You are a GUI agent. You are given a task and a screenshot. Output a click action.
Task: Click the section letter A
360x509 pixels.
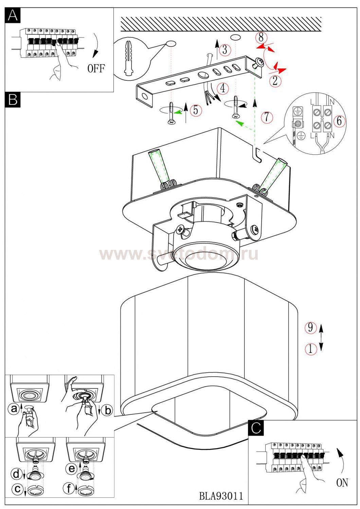point(13,15)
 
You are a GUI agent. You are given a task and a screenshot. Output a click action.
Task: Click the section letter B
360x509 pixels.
point(13,100)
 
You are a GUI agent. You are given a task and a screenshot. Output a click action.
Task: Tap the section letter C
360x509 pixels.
point(256,428)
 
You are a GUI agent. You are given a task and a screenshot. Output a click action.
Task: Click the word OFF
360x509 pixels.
point(96,69)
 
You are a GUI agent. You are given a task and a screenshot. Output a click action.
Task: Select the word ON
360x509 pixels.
point(342,482)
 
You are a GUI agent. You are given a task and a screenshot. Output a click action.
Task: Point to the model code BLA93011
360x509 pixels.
point(221,496)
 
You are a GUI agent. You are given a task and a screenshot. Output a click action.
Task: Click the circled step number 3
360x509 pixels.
point(224,50)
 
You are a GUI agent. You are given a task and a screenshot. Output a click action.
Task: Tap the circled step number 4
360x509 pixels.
point(222,88)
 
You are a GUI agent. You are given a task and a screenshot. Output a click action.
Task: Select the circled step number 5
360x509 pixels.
point(195,110)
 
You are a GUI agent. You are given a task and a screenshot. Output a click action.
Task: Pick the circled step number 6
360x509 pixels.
point(339,121)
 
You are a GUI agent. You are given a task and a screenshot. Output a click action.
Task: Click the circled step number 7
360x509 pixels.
point(267,117)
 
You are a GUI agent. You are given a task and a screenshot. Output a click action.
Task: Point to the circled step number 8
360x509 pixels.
point(261,37)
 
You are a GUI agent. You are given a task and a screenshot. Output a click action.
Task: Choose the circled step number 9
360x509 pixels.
point(310,327)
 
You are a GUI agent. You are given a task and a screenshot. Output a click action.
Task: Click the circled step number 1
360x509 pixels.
point(310,348)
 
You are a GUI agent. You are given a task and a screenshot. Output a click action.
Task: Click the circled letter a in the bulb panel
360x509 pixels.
point(14,409)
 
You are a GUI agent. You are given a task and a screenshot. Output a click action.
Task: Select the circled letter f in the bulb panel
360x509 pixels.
point(70,489)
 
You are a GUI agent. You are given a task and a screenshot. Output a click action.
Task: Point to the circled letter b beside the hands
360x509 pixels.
point(108,411)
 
